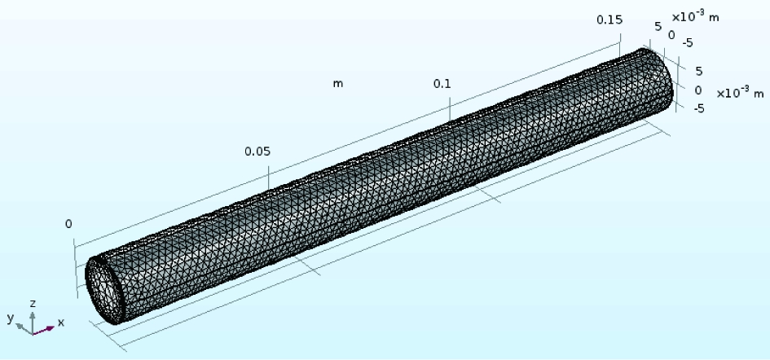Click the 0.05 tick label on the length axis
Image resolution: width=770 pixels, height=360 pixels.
[x=257, y=151]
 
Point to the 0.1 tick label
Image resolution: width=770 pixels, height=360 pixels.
[x=442, y=84]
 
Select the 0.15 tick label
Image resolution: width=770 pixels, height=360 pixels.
[x=609, y=20]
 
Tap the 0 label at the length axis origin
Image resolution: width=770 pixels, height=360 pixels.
[x=68, y=224]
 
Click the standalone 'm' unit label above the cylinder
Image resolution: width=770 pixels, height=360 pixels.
[x=338, y=84]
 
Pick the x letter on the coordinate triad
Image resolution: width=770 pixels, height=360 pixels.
[x=61, y=323]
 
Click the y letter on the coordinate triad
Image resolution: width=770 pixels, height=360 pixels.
[x=11, y=318]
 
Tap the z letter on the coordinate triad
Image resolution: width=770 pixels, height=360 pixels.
[x=33, y=304]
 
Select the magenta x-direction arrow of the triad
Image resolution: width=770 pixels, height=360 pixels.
[x=44, y=330]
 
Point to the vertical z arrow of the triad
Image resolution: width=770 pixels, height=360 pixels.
[x=33, y=323]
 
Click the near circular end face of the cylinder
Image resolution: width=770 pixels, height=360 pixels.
[x=104, y=290]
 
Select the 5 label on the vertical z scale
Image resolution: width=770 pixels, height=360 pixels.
[x=699, y=72]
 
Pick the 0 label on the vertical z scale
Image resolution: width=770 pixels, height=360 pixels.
[x=698, y=90]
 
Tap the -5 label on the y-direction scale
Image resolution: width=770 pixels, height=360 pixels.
[x=688, y=43]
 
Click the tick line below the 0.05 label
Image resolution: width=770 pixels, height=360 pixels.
[x=269, y=178]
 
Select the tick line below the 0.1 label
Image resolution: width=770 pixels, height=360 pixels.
[x=451, y=108]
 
